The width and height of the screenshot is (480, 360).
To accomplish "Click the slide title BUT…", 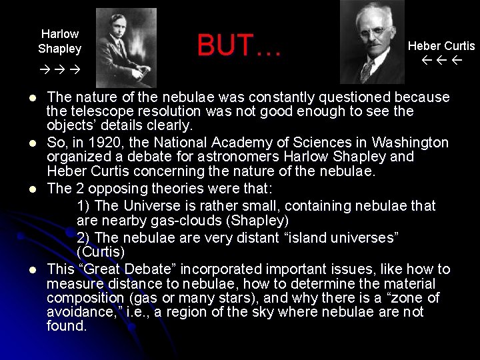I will click(x=239, y=46).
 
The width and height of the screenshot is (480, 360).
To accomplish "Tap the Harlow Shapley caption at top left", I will click(x=60, y=41).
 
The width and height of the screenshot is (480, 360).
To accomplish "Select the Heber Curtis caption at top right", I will click(x=441, y=46).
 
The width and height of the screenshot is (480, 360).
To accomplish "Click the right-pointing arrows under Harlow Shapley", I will click(x=59, y=69).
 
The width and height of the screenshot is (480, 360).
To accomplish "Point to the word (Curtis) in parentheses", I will click(x=101, y=253).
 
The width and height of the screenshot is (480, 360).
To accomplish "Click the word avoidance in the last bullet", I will click(x=75, y=312).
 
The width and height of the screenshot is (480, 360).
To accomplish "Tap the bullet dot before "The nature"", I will click(x=32, y=97).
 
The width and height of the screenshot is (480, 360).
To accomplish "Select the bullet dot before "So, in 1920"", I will click(x=32, y=143).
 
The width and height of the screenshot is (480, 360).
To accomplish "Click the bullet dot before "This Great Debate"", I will click(x=32, y=270).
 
